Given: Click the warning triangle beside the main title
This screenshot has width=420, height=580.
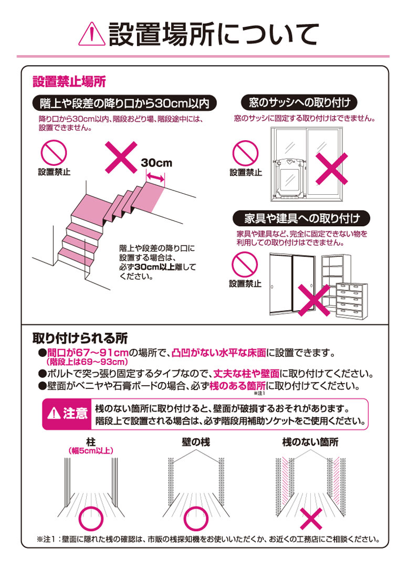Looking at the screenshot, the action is pyautogui.click(x=92, y=34).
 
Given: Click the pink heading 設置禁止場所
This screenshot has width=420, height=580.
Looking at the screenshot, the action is pyautogui.click(x=69, y=81).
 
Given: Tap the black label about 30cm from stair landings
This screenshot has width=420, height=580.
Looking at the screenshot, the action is pyautogui.click(x=124, y=103).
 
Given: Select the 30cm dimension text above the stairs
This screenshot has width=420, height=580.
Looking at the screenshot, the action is pyautogui.click(x=156, y=163).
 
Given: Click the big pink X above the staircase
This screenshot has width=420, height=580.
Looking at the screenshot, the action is pyautogui.click(x=121, y=157).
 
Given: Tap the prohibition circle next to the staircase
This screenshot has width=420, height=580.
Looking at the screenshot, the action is pyautogui.click(x=54, y=153).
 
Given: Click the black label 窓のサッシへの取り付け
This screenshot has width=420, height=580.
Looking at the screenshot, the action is pyautogui.click(x=299, y=102).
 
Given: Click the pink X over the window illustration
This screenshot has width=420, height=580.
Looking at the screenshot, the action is pyautogui.click(x=332, y=168).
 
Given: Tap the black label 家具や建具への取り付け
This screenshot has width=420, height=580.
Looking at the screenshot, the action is pyautogui.click(x=301, y=218).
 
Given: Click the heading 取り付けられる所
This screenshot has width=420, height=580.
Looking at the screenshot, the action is pyautogui.click(x=80, y=338).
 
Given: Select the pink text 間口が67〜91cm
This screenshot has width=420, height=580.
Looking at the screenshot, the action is pyautogui.click(x=88, y=353).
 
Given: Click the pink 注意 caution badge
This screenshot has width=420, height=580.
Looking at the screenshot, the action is pyautogui.click(x=67, y=414).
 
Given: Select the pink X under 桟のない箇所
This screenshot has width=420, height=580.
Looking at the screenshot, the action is pyautogui.click(x=311, y=519).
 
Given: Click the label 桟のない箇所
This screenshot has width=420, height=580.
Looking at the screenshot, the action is pyautogui.click(x=310, y=442).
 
